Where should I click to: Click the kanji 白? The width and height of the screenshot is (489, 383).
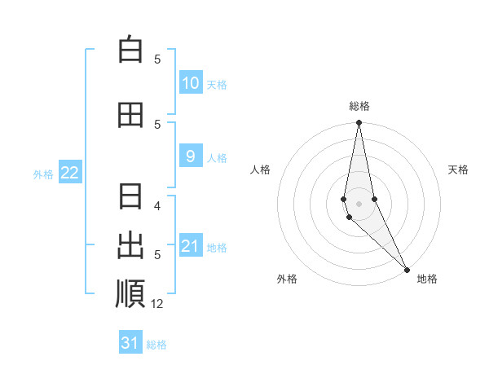(x=130, y=50)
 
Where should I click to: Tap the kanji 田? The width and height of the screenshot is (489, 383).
(x=130, y=115)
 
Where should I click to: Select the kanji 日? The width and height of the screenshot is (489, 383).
(x=130, y=198)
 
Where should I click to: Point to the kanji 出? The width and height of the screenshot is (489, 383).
(x=130, y=245)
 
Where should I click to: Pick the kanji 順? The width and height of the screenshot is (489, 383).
(x=130, y=294)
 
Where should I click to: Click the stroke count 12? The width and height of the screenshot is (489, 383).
(x=157, y=304)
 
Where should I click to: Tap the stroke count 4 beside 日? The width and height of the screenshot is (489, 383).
(x=158, y=205)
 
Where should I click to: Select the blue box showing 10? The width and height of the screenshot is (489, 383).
(x=190, y=83)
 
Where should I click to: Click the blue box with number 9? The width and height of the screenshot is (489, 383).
(x=190, y=156)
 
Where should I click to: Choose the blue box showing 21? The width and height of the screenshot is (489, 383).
(x=190, y=246)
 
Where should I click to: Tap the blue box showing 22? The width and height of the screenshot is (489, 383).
(x=70, y=173)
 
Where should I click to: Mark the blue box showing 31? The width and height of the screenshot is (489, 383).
(x=130, y=343)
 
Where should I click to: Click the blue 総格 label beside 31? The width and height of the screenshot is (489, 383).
(x=156, y=345)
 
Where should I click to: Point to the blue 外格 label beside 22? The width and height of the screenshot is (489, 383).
(x=43, y=174)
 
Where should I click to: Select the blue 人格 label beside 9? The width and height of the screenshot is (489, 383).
(x=217, y=157)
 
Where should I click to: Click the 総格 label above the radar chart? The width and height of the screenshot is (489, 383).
(x=359, y=106)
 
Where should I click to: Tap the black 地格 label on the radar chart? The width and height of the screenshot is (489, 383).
(x=427, y=279)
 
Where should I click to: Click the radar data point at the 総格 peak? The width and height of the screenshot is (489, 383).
(x=359, y=123)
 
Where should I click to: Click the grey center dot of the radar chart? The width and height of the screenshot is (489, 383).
(x=359, y=204)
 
